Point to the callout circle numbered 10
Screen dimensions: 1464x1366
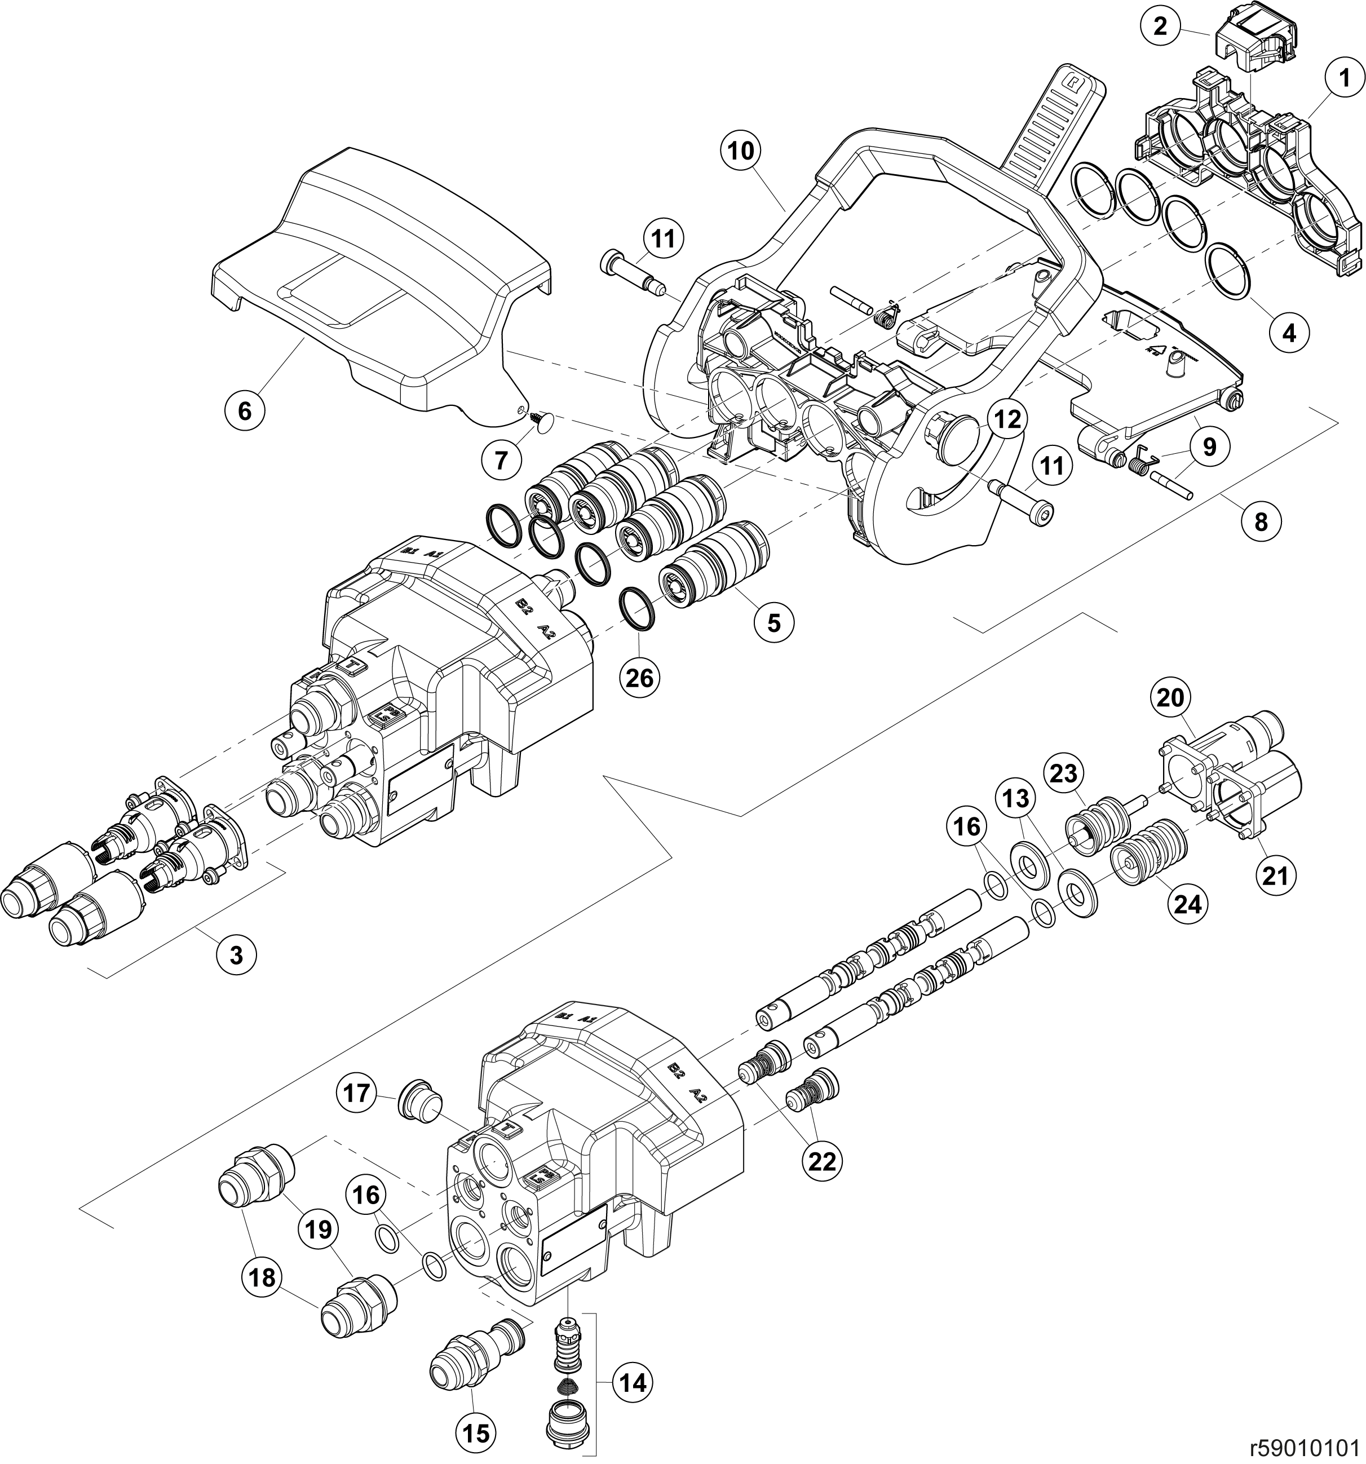point(741,152)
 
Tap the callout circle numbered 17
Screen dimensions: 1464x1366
point(359,1094)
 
